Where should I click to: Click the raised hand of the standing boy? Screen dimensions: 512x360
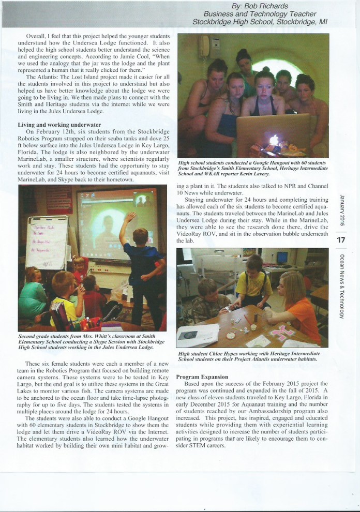point(129,217)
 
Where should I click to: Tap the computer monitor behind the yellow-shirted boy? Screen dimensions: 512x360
point(282,258)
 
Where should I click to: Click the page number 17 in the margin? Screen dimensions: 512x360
point(341,240)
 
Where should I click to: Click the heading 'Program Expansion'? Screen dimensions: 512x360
point(202,377)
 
